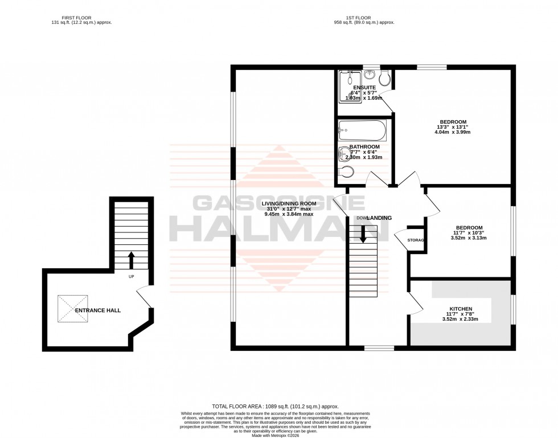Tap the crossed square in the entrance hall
(73, 309)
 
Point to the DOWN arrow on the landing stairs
(363, 233)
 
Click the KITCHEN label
(461, 309)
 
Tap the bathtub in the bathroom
(362, 130)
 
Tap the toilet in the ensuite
(385, 77)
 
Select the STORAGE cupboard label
(416, 240)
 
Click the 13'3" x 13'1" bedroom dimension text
(453, 126)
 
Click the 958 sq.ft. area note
(364, 22)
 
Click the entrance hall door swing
(144, 297)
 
